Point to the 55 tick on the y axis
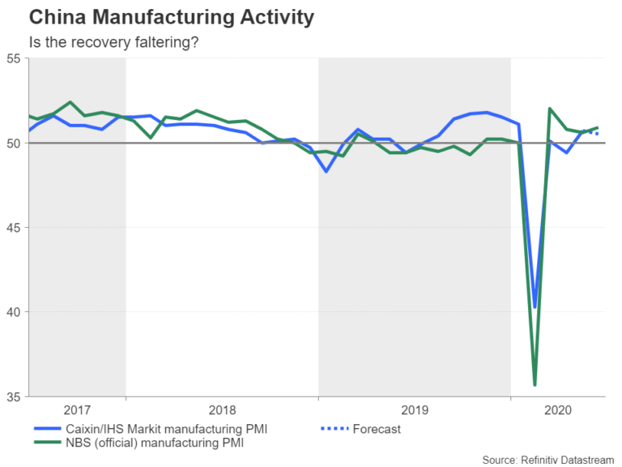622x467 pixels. coord(14,59)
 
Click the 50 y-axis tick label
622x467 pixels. coord(14,144)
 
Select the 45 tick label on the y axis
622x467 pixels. coord(14,228)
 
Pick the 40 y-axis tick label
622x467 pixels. coord(14,312)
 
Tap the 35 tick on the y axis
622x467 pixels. coord(14,397)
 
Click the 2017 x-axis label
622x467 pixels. coord(77,409)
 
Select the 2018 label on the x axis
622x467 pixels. coord(221,409)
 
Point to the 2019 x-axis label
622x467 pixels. coord(414,409)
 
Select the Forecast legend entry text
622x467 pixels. coord(377,429)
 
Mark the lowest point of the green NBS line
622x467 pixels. coord(535,384)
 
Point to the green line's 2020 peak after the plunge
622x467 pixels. coord(550,109)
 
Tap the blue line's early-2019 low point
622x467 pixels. coord(326,171)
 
